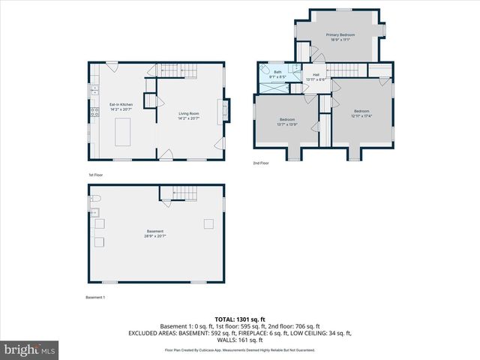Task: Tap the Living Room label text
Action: pos(188,115)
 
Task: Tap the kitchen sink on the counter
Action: pos(94,91)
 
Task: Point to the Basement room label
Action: pos(155,233)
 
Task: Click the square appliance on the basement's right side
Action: pos(208,223)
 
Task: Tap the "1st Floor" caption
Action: pos(95,175)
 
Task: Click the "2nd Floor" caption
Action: pos(261,163)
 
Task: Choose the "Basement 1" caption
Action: pos(95,298)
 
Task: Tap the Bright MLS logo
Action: pos(30,349)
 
